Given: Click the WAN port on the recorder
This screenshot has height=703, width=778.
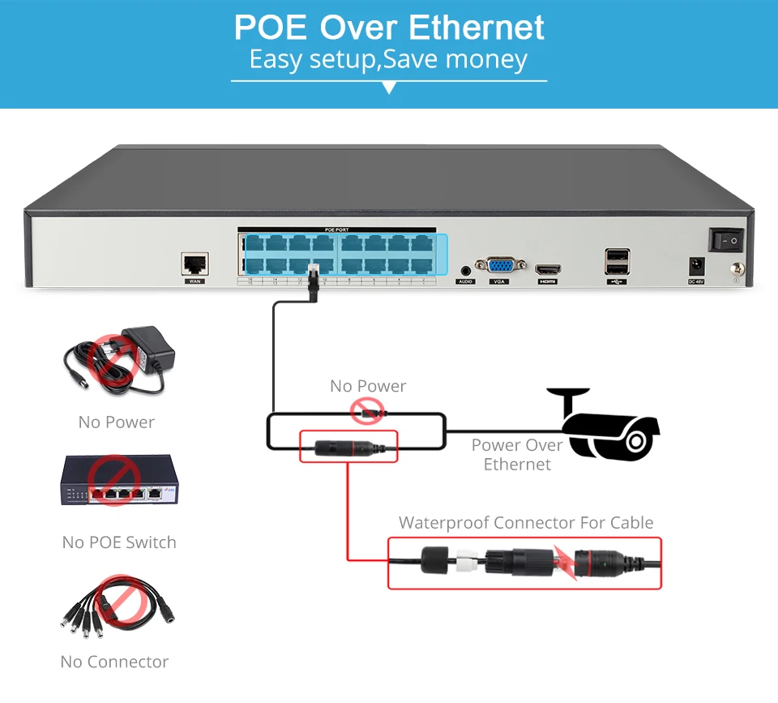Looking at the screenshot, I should (x=194, y=264).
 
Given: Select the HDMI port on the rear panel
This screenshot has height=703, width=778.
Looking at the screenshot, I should (x=548, y=269).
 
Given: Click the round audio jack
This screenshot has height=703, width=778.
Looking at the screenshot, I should (x=466, y=270).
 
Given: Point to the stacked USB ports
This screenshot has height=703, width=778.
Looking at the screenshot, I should (x=617, y=262).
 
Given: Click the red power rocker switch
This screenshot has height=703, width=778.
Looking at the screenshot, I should (x=726, y=239).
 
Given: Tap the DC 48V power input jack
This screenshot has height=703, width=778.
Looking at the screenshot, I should (x=696, y=265).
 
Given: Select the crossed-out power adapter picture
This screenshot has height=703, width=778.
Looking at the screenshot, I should (x=119, y=361).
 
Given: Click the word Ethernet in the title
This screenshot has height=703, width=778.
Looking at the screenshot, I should (x=477, y=28).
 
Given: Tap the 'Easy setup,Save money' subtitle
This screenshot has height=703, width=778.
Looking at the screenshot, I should (x=389, y=60).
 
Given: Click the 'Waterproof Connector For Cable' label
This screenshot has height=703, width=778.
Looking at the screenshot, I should (x=525, y=523).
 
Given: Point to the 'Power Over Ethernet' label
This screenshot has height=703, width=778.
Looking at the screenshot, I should (x=517, y=455).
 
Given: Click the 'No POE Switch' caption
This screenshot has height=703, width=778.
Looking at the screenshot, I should (x=119, y=542).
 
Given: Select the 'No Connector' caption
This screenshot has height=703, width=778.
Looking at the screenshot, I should (x=115, y=662).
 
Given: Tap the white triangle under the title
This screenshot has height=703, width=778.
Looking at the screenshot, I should (x=390, y=88).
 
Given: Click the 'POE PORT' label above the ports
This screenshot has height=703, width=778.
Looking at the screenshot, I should (x=336, y=230).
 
